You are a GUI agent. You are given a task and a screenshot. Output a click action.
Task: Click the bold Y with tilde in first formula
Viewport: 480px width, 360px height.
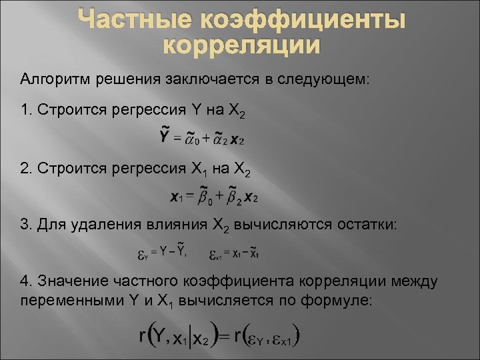tap(165, 137)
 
